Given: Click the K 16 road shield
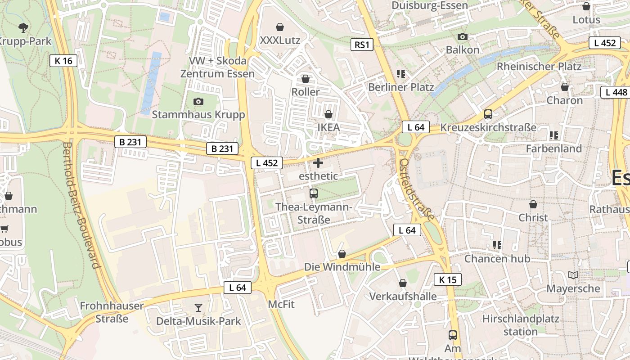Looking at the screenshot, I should pyautogui.click(x=63, y=61).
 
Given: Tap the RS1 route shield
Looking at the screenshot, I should pyautogui.click(x=362, y=45).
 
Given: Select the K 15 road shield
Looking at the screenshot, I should pyautogui.click(x=448, y=279).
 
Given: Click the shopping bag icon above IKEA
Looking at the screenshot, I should pyautogui.click(x=328, y=114).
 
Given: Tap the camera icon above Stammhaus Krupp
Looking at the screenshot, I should pyautogui.click(x=198, y=101).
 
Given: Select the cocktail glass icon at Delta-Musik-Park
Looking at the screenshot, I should pyautogui.click(x=198, y=308).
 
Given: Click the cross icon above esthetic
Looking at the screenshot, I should pyautogui.click(x=318, y=163).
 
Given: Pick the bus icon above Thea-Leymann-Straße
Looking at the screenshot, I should pyautogui.click(x=314, y=194).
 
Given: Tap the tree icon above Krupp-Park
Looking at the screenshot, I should pyautogui.click(x=23, y=28).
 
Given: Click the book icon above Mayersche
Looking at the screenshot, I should pyautogui.click(x=573, y=275).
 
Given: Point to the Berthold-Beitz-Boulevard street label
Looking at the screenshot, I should pyautogui.click(x=81, y=205).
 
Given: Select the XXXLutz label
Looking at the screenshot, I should pyautogui.click(x=280, y=40).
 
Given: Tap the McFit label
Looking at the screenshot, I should pyautogui.click(x=281, y=304).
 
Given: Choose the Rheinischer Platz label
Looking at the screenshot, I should pyautogui.click(x=539, y=67).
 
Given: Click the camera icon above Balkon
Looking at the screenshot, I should pyautogui.click(x=463, y=36).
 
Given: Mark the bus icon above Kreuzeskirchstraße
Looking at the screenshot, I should pyautogui.click(x=488, y=114).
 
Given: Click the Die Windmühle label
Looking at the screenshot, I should pyautogui.click(x=342, y=267).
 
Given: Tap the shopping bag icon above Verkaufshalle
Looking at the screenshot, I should pyautogui.click(x=403, y=283).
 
